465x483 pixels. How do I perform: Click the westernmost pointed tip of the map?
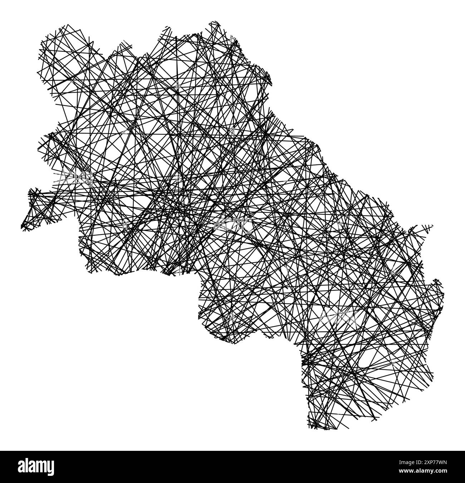[22, 226]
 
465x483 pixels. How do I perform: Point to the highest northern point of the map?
[215, 22]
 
